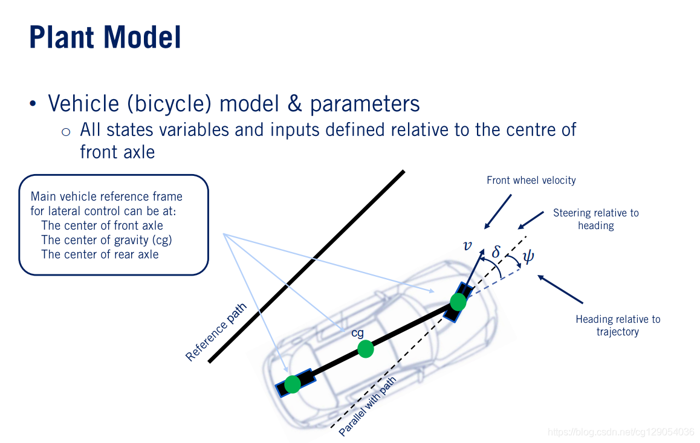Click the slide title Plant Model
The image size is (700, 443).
pyautogui.click(x=105, y=37)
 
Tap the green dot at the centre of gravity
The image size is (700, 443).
pyautogui.click(x=365, y=349)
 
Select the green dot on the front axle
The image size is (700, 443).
pyautogui.click(x=458, y=301)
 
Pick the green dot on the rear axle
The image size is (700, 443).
pyautogui.click(x=293, y=384)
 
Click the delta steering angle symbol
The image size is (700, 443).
pyautogui.click(x=496, y=251)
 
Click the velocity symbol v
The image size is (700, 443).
pyautogui.click(x=467, y=245)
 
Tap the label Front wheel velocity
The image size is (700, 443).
pyautogui.click(x=531, y=180)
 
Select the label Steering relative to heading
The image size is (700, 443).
pyautogui.click(x=595, y=219)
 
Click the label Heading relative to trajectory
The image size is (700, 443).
pyautogui.click(x=617, y=325)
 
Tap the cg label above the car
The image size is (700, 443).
pyautogui.click(x=357, y=332)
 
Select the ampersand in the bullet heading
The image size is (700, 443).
pyautogui.click(x=294, y=104)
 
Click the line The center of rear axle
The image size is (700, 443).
pyautogui.click(x=100, y=254)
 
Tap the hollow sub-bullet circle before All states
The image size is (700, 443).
pyautogui.click(x=66, y=131)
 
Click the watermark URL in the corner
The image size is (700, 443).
pyautogui.click(x=620, y=432)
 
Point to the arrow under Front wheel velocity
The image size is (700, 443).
pyautogui.click(x=498, y=211)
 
